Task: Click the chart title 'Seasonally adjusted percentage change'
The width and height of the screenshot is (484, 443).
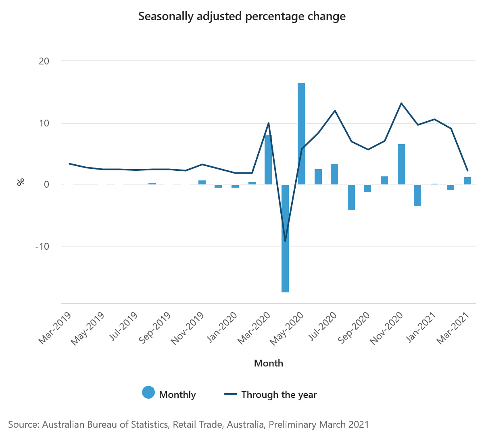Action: point(242,17)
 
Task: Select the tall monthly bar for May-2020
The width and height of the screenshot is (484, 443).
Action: point(301,134)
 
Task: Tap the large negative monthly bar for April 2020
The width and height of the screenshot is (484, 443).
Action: point(285,238)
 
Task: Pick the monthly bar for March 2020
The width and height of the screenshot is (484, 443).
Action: point(268,160)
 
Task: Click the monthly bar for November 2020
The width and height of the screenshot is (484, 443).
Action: point(401,164)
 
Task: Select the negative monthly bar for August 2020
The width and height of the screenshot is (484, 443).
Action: point(351,197)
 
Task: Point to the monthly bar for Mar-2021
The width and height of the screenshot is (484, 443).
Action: point(467,181)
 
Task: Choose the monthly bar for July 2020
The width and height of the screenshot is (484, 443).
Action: point(334,174)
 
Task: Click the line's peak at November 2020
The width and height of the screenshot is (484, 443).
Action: point(401,103)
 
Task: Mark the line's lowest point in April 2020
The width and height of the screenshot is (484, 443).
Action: point(285,241)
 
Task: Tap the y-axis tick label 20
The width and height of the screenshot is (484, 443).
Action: point(44,61)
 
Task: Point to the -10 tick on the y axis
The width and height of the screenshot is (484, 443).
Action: point(42,246)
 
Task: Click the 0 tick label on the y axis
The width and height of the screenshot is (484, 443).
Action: point(46,185)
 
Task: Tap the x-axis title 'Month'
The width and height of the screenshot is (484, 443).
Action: point(269,363)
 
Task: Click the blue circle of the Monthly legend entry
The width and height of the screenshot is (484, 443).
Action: point(148,393)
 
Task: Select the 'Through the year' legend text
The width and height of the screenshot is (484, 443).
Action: point(279,395)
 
